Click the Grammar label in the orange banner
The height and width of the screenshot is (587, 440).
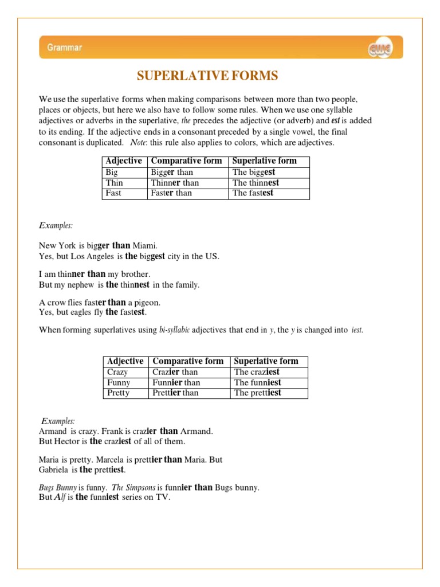pyautogui.click(x=64, y=48)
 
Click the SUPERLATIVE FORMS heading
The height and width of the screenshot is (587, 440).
pyautogui.click(x=207, y=76)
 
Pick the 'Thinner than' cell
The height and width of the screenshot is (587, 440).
pyautogui.click(x=175, y=183)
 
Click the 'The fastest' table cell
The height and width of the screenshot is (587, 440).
pyautogui.click(x=253, y=193)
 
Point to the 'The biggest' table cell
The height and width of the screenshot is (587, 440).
pyautogui.click(x=254, y=172)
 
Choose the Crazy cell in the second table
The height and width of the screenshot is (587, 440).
pyautogui.click(x=118, y=372)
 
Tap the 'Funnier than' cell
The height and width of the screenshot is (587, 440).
pyautogui.click(x=176, y=382)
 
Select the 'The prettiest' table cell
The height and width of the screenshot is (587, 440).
pyautogui.click(x=257, y=393)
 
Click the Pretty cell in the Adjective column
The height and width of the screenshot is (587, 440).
pyautogui.click(x=118, y=393)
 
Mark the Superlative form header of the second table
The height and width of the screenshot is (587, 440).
pyautogui.click(x=266, y=361)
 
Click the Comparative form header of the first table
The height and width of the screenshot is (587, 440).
pyautogui.click(x=186, y=161)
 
